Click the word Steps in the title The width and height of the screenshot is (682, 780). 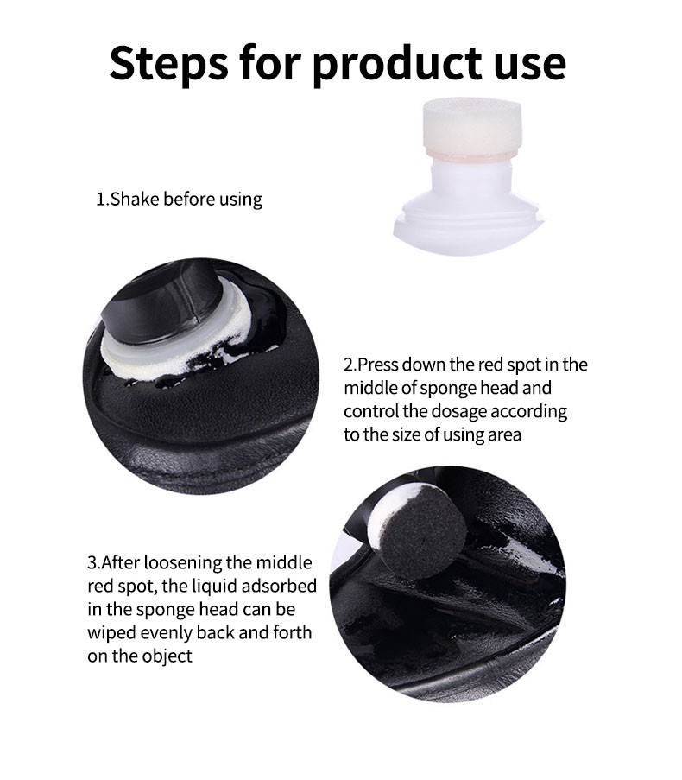click(169, 64)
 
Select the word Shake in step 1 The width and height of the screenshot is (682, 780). click(134, 199)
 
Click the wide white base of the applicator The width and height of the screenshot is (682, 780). click(469, 226)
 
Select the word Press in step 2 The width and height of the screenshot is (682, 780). click(377, 365)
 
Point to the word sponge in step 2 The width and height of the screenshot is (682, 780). click(445, 389)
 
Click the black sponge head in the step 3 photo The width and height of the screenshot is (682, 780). click(422, 536)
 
